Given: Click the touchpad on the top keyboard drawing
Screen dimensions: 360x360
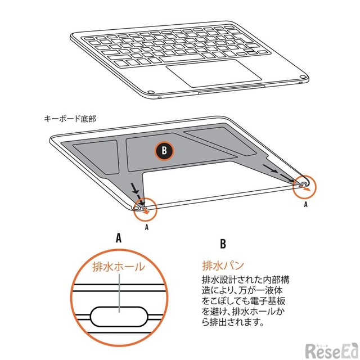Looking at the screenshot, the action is pyautogui.click(x=214, y=73).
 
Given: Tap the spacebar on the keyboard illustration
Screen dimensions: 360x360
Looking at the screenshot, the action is pyautogui.click(x=182, y=58).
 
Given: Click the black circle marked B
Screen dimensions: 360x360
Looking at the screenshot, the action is pyautogui.click(x=164, y=151).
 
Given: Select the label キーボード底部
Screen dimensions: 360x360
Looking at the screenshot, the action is pyautogui.click(x=70, y=119).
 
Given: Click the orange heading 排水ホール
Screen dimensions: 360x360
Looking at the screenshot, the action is pyautogui.click(x=119, y=267).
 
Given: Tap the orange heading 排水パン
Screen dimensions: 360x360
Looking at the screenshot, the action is pyautogui.click(x=223, y=266).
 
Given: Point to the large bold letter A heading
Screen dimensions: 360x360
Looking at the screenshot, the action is pyautogui.click(x=119, y=238).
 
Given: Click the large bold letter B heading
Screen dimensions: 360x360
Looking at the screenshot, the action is pyautogui.click(x=223, y=244).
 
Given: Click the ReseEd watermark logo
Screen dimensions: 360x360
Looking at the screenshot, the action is pyautogui.click(x=331, y=350).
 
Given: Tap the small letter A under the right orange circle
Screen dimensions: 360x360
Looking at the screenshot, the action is pyautogui.click(x=305, y=204).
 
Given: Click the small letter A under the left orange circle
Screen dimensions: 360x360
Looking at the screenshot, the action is pyautogui.click(x=147, y=227).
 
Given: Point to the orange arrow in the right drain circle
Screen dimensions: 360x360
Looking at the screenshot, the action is pyautogui.click(x=306, y=189).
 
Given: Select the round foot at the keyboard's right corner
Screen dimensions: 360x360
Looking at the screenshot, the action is pyautogui.click(x=303, y=77).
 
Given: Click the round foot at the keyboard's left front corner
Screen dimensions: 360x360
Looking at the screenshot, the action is pyautogui.click(x=151, y=92).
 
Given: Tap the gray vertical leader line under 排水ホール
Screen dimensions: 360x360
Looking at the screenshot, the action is pyautogui.click(x=119, y=293).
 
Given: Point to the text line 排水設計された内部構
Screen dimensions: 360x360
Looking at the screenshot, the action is pyautogui.click(x=245, y=280).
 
